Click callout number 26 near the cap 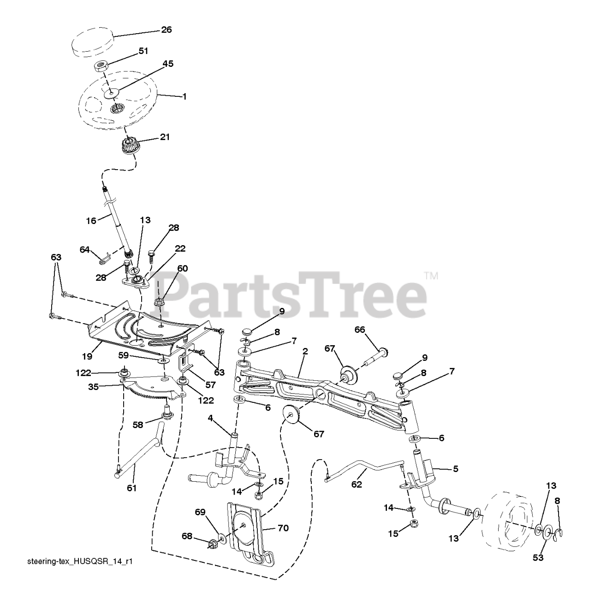(x=166, y=29)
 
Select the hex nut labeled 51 (x=101, y=65)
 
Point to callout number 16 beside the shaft (x=91, y=221)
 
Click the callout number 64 (x=84, y=249)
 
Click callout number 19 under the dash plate (x=87, y=356)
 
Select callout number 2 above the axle (x=305, y=351)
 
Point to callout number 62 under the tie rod (x=357, y=484)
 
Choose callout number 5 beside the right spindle (x=455, y=469)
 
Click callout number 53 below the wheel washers (x=538, y=558)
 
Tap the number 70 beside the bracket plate (x=283, y=528)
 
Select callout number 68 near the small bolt (x=186, y=536)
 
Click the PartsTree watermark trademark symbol (x=431, y=276)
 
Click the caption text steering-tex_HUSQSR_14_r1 (x=75, y=561)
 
